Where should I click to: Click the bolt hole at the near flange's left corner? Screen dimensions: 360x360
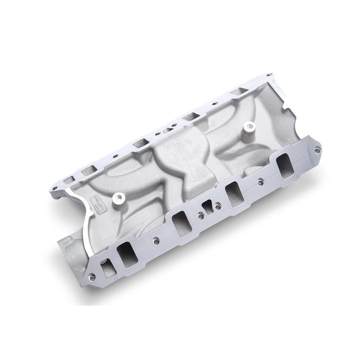coord(92,277)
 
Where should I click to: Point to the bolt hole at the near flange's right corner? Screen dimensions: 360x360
coord(318,150)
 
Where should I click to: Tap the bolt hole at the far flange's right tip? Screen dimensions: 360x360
coord(269,75)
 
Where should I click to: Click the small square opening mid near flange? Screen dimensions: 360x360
coord(207,207)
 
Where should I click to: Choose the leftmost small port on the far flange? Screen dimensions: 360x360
coord(69,180)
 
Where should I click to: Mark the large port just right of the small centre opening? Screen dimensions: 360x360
coord(234,194)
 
